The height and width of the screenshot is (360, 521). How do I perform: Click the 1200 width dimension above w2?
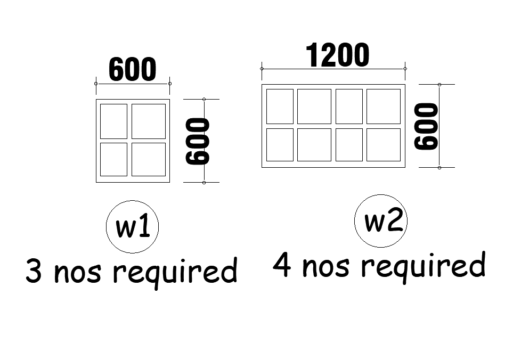coord(337,56)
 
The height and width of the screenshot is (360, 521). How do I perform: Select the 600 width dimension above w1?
coord(133,70)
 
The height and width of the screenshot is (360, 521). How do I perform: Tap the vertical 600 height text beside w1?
coord(198,141)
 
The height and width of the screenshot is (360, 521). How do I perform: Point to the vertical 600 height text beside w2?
coord(427,126)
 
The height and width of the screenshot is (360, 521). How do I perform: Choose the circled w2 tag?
coord(381,221)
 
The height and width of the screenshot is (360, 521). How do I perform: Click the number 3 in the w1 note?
coord(34,272)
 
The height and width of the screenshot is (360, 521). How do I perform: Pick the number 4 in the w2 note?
coord(282,265)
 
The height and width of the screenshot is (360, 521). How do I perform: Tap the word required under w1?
coord(175,272)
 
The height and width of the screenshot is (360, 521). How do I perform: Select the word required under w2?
coord(424,266)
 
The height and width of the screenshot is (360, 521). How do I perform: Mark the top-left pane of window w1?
coord(113,121)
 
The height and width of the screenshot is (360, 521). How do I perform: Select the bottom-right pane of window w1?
coord(148,159)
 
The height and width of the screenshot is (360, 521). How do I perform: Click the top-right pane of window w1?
coord(148,121)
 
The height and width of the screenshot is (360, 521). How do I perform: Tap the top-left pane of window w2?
coord(280,107)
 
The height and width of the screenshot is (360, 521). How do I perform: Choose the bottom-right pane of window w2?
coord(383,144)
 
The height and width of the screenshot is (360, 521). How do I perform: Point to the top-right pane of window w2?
coord(383,107)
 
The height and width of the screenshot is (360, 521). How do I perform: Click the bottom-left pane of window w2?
coord(280,144)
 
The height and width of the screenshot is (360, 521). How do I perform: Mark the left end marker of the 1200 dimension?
coord(262,69)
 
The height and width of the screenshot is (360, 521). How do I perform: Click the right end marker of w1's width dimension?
coord(169,84)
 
